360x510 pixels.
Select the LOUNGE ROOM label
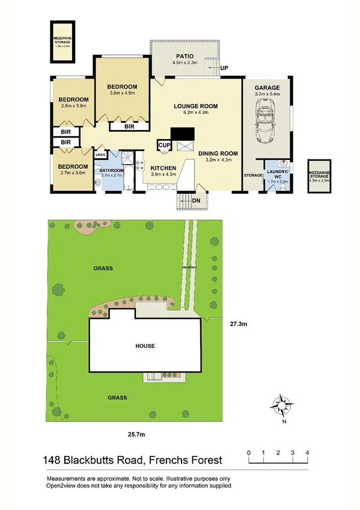pyautogui.click(x=195, y=106)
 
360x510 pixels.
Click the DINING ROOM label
pyautogui.click(x=222, y=153)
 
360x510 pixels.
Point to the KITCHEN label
pyautogui.click(x=163, y=168)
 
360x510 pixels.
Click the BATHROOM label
pyautogui.click(x=111, y=170)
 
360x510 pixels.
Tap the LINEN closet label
pyautogui.click(x=100, y=155)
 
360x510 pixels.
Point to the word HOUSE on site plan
pyautogui.click(x=145, y=346)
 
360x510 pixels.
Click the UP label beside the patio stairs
pyautogui.click(x=225, y=68)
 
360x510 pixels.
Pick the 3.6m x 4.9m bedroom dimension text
pyautogui.click(x=123, y=93)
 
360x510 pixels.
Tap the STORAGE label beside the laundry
pyautogui.click(x=253, y=175)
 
